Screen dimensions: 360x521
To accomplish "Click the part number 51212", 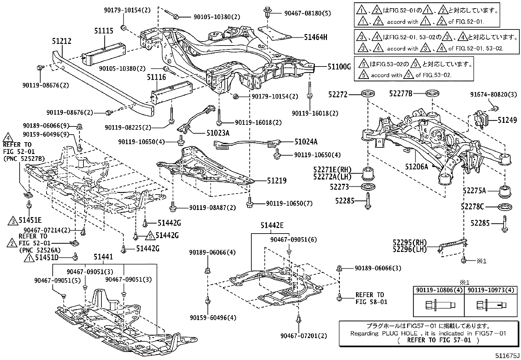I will click(x=62, y=41).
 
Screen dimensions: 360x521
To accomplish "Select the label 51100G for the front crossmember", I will click(x=339, y=67).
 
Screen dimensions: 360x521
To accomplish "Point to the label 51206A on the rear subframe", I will click(x=416, y=166).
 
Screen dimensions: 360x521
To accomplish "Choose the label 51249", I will click(x=508, y=120).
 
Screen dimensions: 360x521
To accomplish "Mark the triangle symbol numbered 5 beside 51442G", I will click(x=150, y=235).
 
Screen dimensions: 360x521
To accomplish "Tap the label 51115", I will click(x=104, y=31).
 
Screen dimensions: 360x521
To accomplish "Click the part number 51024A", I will click(x=306, y=142).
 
